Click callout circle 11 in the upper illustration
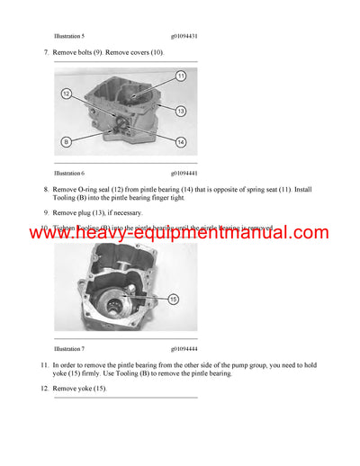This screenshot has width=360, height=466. coord(180,76)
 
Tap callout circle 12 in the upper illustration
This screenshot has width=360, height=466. coord(66,94)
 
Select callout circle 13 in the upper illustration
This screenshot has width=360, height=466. coord(180,111)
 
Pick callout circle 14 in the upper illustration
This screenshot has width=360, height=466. coord(180,142)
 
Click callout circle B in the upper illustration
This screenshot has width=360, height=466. coord(66,141)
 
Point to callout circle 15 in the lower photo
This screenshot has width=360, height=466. coord(173,298)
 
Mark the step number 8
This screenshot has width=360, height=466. coord(46,190)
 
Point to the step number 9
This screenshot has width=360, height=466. coord(46,213)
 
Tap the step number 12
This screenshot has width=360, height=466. coord(44,389)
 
